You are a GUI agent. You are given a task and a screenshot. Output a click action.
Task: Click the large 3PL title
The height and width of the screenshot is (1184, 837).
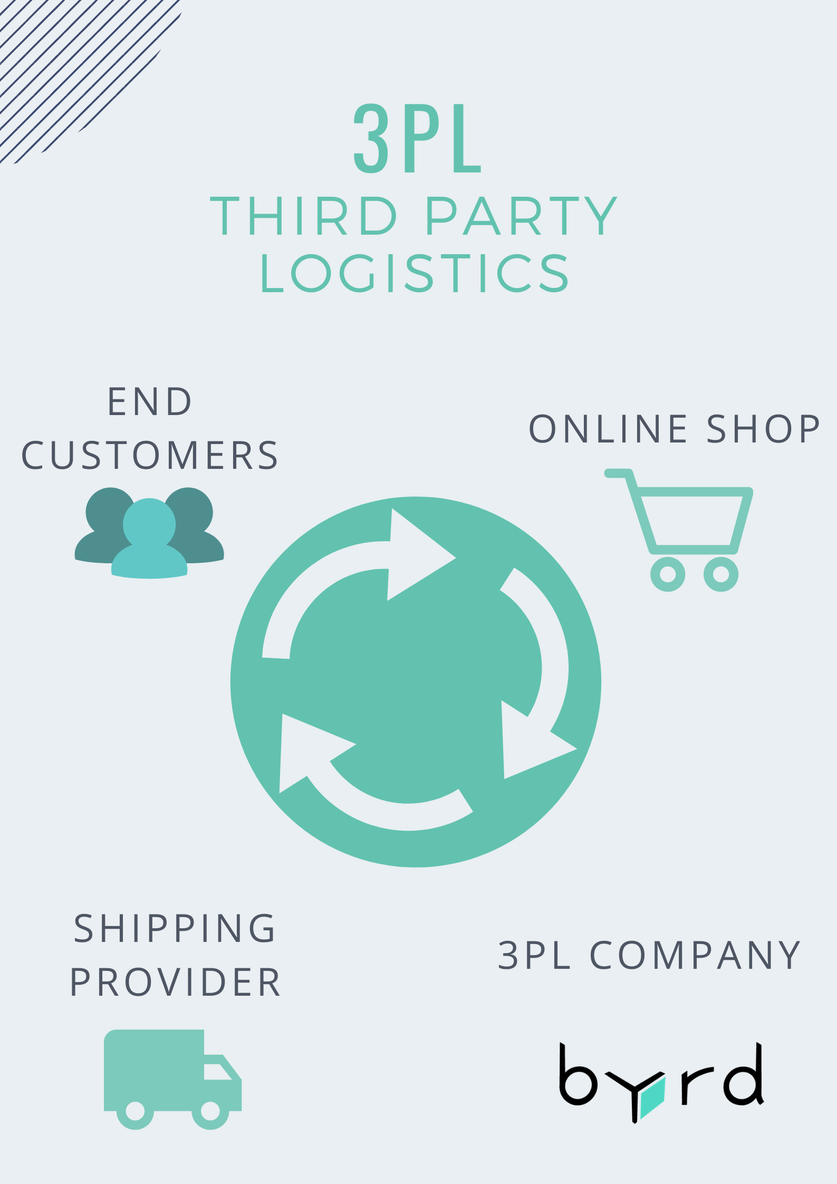click(x=417, y=138)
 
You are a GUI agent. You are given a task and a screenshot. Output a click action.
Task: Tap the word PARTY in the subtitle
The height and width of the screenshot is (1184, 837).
click(x=521, y=216)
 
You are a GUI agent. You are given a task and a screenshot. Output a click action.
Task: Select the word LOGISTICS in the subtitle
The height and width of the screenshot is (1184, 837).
click(x=415, y=273)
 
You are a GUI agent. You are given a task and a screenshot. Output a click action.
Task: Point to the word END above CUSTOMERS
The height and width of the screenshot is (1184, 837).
click(x=150, y=402)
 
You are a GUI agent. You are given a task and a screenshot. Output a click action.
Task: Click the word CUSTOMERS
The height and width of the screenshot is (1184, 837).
click(x=150, y=456)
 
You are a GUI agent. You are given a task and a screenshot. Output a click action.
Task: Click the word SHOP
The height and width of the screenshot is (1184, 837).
click(x=763, y=429)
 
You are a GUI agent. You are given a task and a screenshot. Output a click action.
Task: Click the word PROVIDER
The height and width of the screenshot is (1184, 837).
click(x=175, y=983)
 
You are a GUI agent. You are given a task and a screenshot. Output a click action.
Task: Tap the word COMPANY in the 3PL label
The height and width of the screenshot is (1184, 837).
click(x=695, y=955)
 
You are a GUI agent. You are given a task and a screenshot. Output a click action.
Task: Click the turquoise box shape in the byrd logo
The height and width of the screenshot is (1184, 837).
click(x=652, y=1098)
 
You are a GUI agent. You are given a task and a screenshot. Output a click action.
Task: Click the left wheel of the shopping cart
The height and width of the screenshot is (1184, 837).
click(x=668, y=574)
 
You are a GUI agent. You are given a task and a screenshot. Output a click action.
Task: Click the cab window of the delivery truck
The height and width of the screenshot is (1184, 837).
click(x=216, y=1072)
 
